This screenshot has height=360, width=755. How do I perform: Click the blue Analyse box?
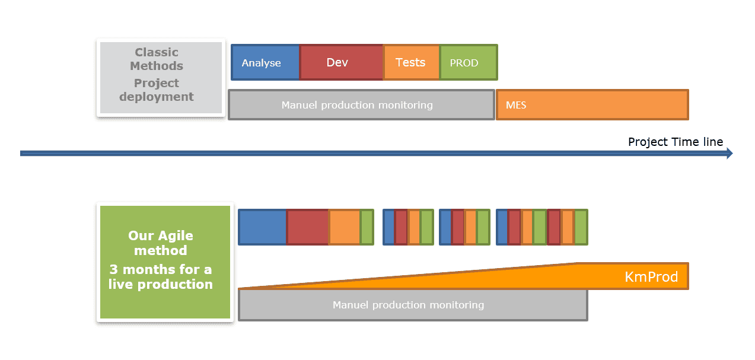tap(265, 62)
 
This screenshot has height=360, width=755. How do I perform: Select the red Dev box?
tap(341, 62)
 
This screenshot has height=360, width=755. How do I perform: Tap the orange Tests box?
tap(412, 62)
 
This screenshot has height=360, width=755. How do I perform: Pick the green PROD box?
tap(469, 62)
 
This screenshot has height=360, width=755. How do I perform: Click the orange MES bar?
tap(592, 105)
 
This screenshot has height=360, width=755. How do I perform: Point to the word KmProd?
tap(651, 277)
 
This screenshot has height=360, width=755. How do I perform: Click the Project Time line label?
tap(676, 142)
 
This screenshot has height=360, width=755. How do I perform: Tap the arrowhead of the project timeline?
tap(729, 154)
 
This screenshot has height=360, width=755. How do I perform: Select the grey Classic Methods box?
tap(161, 78)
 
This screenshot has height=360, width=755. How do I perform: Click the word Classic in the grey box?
tap(157, 52)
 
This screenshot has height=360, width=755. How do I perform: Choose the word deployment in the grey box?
tap(157, 97)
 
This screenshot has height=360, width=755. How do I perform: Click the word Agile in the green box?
tap(175, 236)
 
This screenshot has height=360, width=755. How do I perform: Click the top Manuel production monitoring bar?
tap(361, 105)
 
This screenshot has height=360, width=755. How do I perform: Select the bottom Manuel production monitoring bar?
tap(413, 305)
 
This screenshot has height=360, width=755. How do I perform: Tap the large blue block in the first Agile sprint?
tap(263, 227)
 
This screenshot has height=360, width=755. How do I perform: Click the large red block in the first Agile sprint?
tap(308, 227)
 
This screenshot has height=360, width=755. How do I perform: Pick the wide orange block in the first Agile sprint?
tap(345, 227)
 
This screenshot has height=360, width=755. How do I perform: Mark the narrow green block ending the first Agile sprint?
tap(367, 227)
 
